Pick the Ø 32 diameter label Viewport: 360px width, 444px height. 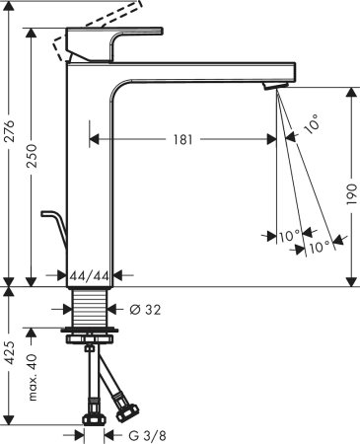(x=144, y=309)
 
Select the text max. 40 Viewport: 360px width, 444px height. (x=36, y=381)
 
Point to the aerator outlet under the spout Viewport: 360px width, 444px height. (x=273, y=90)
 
